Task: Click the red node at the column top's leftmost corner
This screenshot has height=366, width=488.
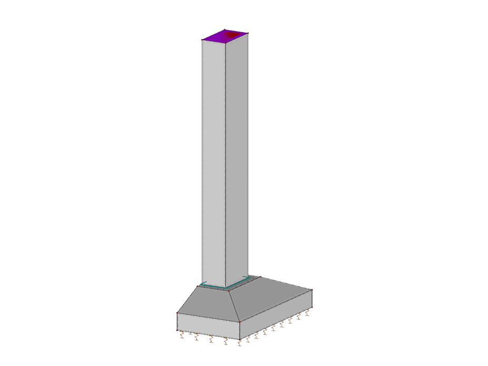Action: pyautogui.click(x=202, y=40)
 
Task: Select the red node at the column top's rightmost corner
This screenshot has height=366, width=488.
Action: pyautogui.click(x=248, y=34)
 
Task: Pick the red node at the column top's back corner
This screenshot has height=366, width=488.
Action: pyautogui.click(x=225, y=30)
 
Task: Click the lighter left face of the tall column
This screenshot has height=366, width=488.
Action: pyautogui.click(x=213, y=158)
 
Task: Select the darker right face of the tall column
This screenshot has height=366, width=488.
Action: pyautogui.click(x=237, y=158)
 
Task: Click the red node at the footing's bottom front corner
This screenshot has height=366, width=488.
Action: pyautogui.click(x=240, y=339)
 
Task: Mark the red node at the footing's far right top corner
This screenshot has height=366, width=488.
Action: pyautogui.click(x=312, y=290)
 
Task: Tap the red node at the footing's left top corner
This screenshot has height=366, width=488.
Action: pyautogui.click(x=178, y=313)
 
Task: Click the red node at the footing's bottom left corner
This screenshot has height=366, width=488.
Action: pyautogui.click(x=178, y=330)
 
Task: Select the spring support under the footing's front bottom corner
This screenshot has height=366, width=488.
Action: pyautogui.click(x=240, y=344)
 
